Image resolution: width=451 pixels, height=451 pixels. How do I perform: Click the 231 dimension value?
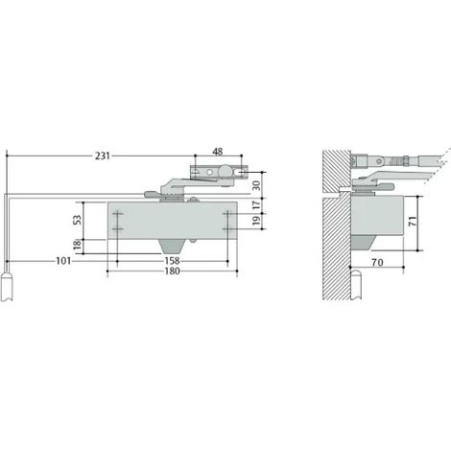103,156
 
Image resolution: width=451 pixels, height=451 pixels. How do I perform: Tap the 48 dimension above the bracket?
218,152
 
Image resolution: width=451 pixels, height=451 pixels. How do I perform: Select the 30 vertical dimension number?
256,185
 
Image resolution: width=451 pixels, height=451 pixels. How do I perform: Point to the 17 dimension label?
256,205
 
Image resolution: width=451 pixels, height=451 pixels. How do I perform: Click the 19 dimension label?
256,221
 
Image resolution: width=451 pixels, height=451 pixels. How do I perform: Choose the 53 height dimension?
78,220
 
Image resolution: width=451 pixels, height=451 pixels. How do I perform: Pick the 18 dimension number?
78,245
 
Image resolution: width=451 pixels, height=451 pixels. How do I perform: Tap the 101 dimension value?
63,261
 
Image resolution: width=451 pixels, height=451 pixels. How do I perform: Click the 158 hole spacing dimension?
172,261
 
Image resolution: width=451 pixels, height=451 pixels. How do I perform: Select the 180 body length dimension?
172,271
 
